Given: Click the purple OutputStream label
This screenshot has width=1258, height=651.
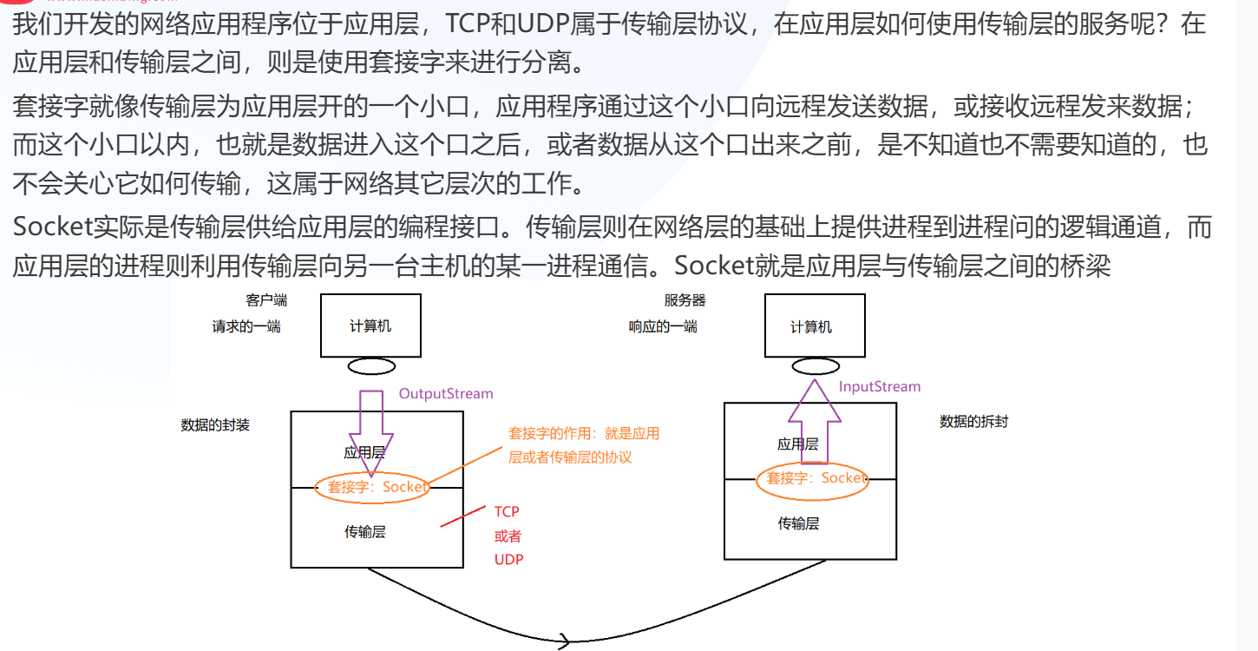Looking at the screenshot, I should point(445,394).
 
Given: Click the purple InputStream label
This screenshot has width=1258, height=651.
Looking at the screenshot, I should point(879,387).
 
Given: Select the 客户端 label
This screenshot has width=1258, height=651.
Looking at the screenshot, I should point(266,300).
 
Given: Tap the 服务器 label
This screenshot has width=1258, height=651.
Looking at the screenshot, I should point(685,300).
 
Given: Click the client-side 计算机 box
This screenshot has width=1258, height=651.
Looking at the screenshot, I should point(370,325).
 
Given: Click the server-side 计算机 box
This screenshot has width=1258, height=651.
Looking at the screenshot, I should point(814,325).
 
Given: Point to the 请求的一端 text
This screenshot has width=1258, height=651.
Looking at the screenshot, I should point(246,327).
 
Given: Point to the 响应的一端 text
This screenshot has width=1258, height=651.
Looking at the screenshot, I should point(663,327).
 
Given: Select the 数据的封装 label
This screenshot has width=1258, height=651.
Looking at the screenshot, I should point(215,425).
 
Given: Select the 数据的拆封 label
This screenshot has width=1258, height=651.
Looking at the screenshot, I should point(973,422).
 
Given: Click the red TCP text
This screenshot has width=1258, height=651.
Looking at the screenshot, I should point(507,512).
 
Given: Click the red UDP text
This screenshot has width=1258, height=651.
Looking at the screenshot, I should point(508,560).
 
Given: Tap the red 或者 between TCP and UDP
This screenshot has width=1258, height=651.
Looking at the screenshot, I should point(508,536).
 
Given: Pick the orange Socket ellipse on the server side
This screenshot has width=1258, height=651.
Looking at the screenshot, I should point(813,478).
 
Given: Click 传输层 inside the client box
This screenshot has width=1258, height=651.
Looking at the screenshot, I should point(364,532).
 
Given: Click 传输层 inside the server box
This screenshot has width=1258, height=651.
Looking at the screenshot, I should point(798,523).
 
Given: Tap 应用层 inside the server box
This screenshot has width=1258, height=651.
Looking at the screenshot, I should point(797,444).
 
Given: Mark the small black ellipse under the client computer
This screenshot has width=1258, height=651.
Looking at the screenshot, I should point(371,366).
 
